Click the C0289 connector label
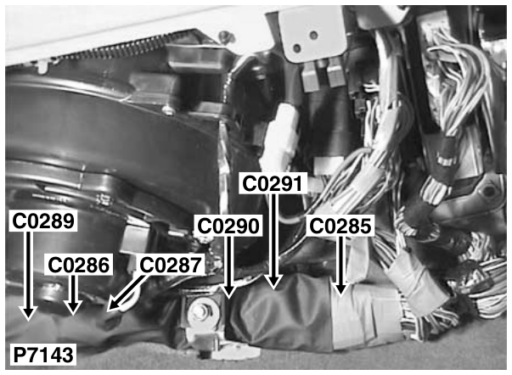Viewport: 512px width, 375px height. pos(43,221)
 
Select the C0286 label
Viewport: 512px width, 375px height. pos(79,265)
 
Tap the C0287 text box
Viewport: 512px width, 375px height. pos(170,265)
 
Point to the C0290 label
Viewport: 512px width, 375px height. pos(228,226)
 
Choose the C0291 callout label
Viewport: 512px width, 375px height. pos(273,183)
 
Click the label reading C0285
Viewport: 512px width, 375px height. pos(340,226)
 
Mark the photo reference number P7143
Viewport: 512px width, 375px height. pos(42,355)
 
